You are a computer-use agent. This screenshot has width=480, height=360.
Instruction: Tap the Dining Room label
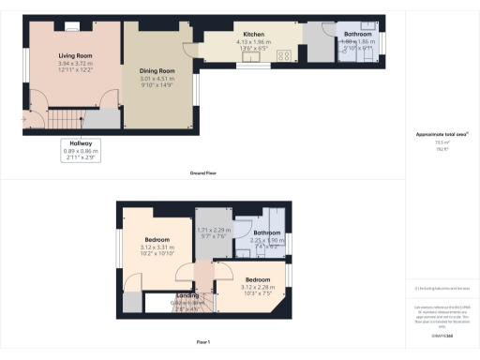point(158,71)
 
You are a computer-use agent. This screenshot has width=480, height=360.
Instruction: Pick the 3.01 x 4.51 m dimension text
point(158,79)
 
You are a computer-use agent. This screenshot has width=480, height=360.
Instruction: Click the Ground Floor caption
point(203,172)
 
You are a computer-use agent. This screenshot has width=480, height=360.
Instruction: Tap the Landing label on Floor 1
point(187,295)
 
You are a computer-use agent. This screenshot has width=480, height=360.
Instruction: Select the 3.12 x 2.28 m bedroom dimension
point(258,287)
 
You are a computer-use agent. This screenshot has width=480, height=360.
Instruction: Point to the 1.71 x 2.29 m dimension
point(214,230)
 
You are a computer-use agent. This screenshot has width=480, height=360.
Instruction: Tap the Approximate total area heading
point(442,135)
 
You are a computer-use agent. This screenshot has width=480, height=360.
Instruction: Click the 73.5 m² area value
point(442,142)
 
